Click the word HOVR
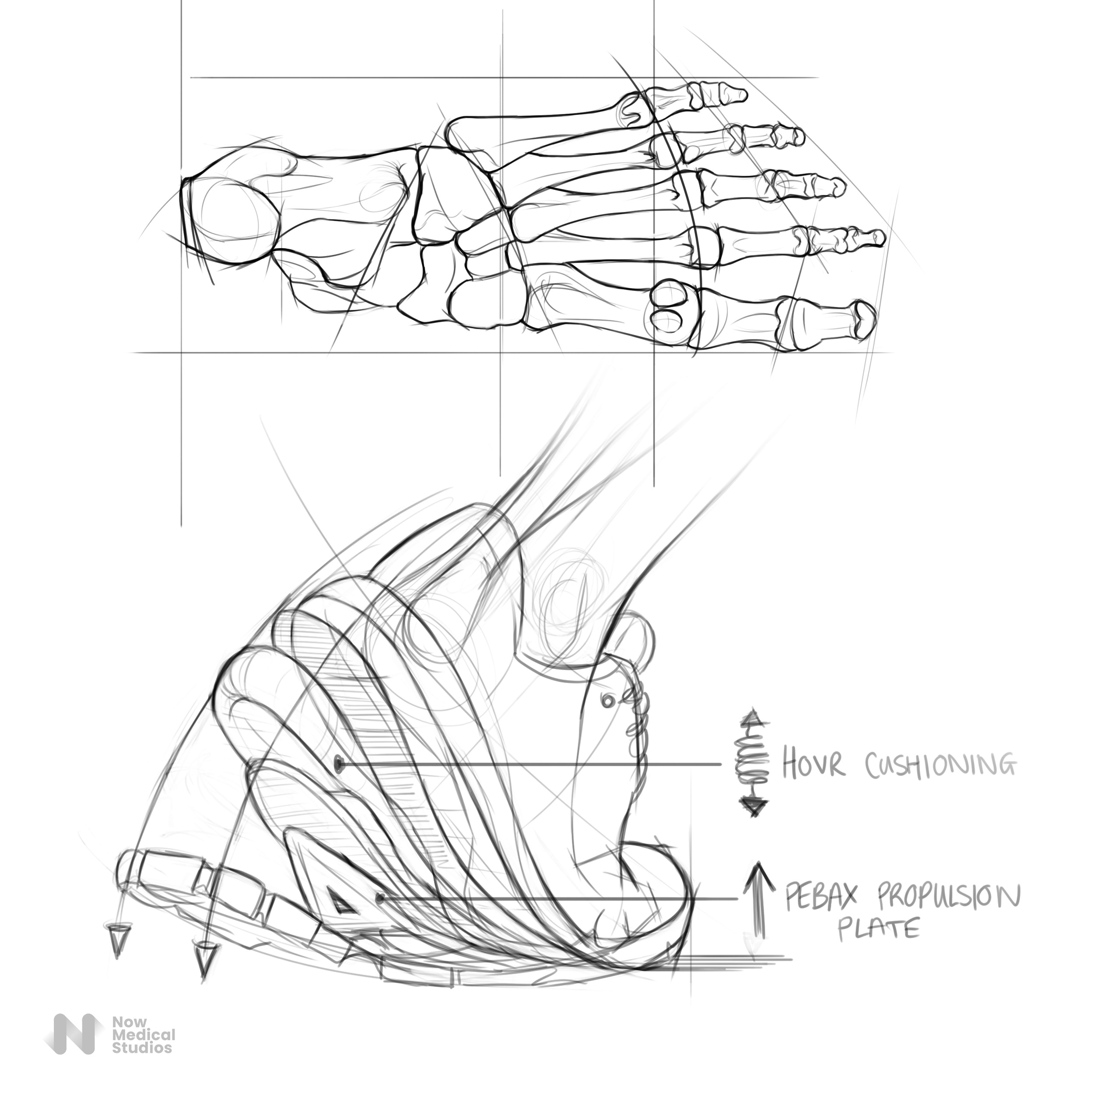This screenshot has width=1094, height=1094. [813, 765]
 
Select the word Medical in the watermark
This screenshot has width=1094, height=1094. [143, 1035]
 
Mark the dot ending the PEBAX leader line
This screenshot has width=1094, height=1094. [380, 899]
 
